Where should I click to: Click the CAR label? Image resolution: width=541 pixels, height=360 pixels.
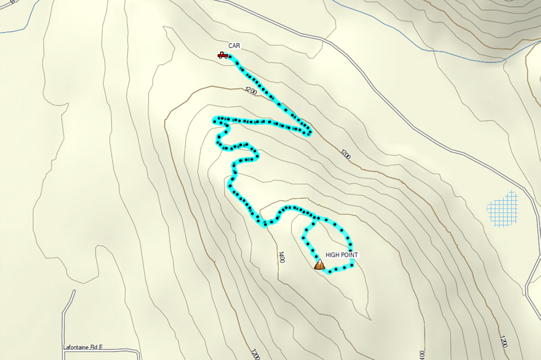(234, 45)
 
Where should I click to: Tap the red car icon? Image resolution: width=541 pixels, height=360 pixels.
(222, 55)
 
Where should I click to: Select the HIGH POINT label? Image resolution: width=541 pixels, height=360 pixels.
(341, 255)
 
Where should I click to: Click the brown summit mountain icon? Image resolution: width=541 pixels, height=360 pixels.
(319, 264)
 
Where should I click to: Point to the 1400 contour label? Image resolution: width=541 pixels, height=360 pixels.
(281, 257)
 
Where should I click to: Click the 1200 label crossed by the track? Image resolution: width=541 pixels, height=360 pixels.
(251, 91)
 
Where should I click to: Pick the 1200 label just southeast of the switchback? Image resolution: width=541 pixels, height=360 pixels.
(345, 154)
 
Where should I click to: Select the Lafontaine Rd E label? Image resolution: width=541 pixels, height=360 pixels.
(83, 347)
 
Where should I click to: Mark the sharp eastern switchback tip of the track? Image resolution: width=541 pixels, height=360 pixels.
(310, 132)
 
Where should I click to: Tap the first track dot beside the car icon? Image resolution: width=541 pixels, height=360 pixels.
(232, 58)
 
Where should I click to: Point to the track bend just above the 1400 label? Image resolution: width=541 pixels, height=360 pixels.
(264, 224)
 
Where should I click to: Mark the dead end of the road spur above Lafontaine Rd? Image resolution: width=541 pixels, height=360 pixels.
(75, 291)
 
